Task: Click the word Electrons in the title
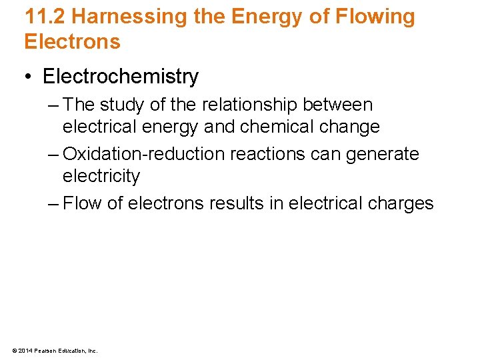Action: point(72,42)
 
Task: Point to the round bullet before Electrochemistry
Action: point(29,77)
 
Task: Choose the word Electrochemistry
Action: point(121,77)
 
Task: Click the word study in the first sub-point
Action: point(122,105)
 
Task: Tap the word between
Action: point(337,105)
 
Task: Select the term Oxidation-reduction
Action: point(143,154)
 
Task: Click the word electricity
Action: point(101,176)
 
